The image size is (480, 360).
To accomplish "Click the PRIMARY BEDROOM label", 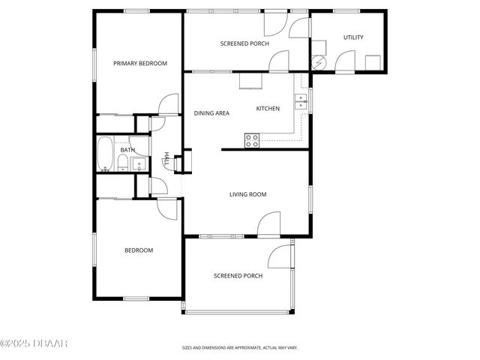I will tap(140, 64).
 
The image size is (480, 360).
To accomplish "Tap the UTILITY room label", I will tap(353, 37).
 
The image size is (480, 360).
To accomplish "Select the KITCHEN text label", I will tap(268, 109).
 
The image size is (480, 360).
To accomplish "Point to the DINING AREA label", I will tap(211, 113).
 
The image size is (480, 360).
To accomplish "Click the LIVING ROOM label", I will tap(247, 195).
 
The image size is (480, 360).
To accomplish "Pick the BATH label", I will tap(127, 150).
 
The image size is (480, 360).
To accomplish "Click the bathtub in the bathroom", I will tap(105, 154).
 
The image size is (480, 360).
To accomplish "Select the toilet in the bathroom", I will tap(123, 163).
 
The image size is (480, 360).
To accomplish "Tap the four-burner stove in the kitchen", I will tap(252, 139).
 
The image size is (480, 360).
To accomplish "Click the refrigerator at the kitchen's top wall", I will tap(250, 81).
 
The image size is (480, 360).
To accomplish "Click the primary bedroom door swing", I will tap(169, 104).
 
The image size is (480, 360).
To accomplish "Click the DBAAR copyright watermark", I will tap(34, 343).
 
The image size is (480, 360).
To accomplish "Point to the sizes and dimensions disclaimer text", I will tap(240, 348).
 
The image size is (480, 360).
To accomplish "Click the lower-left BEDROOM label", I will tap(139, 250).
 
